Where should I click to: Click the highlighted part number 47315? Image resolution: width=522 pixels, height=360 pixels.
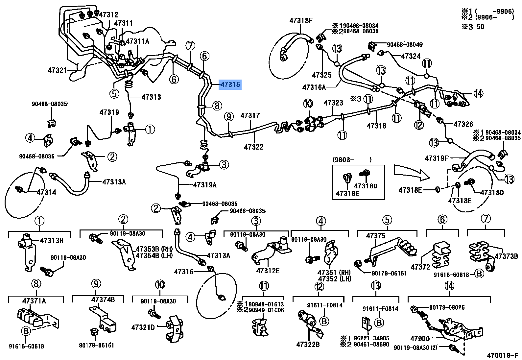(x=230, y=84)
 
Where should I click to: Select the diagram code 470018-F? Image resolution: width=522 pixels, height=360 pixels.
(x=502, y=355)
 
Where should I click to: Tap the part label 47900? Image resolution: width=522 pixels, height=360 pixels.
(x=420, y=339)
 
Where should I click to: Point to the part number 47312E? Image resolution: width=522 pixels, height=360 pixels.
(x=268, y=271)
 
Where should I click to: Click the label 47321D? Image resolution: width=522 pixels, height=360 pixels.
(x=143, y=327)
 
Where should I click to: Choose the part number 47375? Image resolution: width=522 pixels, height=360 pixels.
(x=376, y=236)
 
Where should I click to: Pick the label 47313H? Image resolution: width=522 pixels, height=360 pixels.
(x=52, y=241)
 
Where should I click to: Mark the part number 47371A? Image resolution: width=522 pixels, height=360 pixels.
(x=34, y=301)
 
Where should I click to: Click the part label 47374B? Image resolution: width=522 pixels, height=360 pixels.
(x=103, y=300)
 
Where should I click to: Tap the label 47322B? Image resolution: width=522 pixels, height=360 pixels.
(x=308, y=345)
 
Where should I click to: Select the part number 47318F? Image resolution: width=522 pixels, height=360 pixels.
(x=301, y=20)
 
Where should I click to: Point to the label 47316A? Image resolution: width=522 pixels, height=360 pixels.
(x=314, y=87)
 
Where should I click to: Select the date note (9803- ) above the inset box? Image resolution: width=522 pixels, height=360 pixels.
(x=352, y=160)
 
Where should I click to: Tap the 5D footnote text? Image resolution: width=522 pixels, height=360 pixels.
(x=480, y=27)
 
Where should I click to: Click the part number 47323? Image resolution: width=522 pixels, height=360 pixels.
(x=333, y=103)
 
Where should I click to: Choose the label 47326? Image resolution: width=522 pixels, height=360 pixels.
(x=463, y=124)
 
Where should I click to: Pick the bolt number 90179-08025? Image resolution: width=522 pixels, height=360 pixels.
(x=447, y=307)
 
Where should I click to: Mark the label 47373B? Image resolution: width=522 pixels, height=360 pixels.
(x=506, y=256)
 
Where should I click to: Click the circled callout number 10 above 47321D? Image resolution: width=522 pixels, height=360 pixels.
(x=160, y=285)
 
